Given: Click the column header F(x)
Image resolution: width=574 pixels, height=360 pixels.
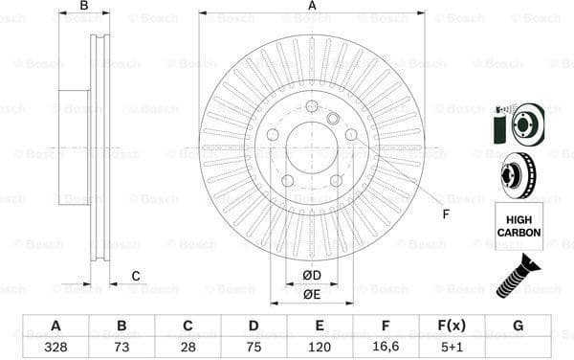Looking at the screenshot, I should pyautogui.click(x=452, y=326).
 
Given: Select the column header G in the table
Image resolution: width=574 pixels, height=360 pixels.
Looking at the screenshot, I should pyautogui.click(x=518, y=326).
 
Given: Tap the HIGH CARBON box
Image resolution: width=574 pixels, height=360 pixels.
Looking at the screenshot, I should pyautogui.click(x=519, y=226).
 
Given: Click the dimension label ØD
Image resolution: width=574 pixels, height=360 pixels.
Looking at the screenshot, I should pyautogui.click(x=312, y=276).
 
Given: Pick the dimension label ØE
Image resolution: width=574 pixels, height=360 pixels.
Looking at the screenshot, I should pyautogui.click(x=312, y=294).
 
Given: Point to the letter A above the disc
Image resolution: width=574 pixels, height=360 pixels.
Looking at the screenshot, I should pyautogui.click(x=312, y=7).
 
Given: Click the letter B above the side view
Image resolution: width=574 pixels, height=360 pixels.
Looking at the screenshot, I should pyautogui.click(x=84, y=7).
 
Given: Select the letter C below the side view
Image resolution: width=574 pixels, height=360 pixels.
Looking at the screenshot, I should pyautogui.click(x=136, y=277).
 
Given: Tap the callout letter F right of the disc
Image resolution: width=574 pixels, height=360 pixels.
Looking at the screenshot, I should pyautogui.click(x=445, y=213).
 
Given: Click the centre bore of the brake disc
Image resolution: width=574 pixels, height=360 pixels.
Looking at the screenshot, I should pyautogui.click(x=312, y=148).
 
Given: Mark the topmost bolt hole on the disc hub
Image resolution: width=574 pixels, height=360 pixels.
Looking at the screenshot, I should pyautogui.click(x=312, y=105).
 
